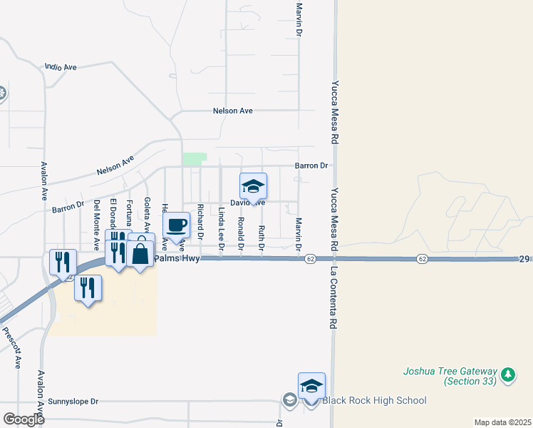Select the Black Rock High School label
tap(374, 400)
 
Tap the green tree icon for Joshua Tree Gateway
tap(507, 374)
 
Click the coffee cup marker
tap(177, 225)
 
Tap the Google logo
tap(24, 419)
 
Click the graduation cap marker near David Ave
tap(253, 187)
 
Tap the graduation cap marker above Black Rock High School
tap(311, 386)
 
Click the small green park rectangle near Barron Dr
tap(194, 159)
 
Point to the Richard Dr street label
tap(201, 221)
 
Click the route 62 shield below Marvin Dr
tap(311, 258)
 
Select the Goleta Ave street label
tap(147, 214)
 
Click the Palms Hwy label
tap(176, 258)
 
